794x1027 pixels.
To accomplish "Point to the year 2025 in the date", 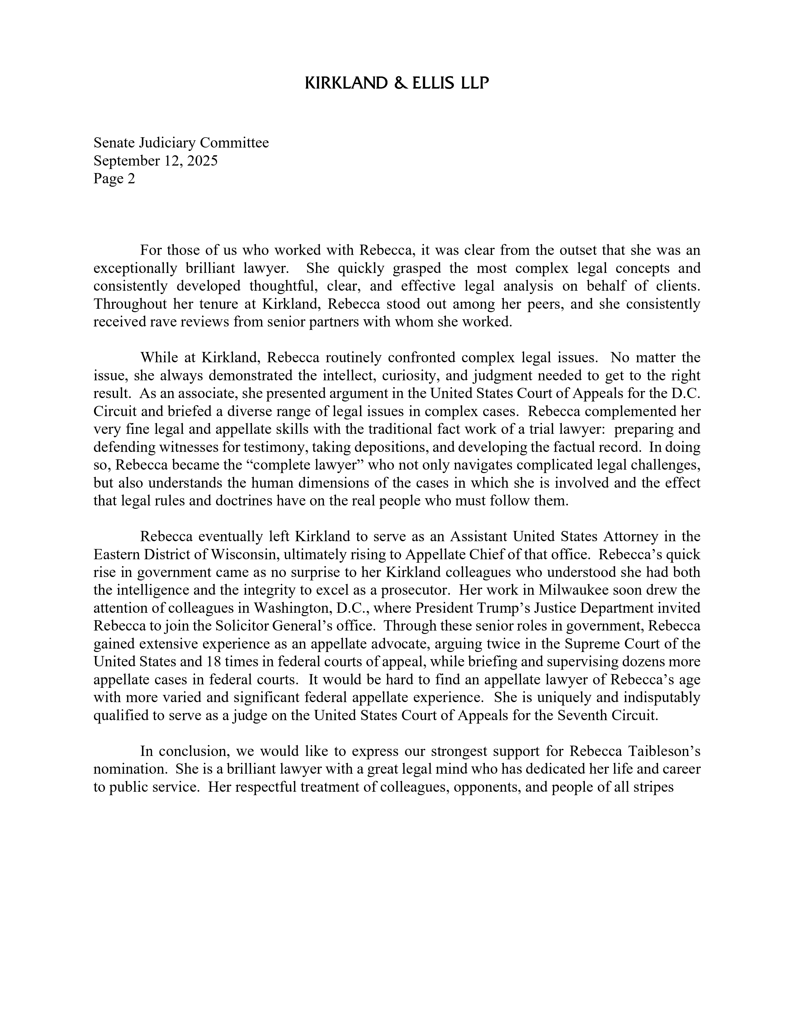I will (x=202, y=161).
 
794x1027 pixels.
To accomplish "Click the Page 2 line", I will (x=114, y=179).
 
